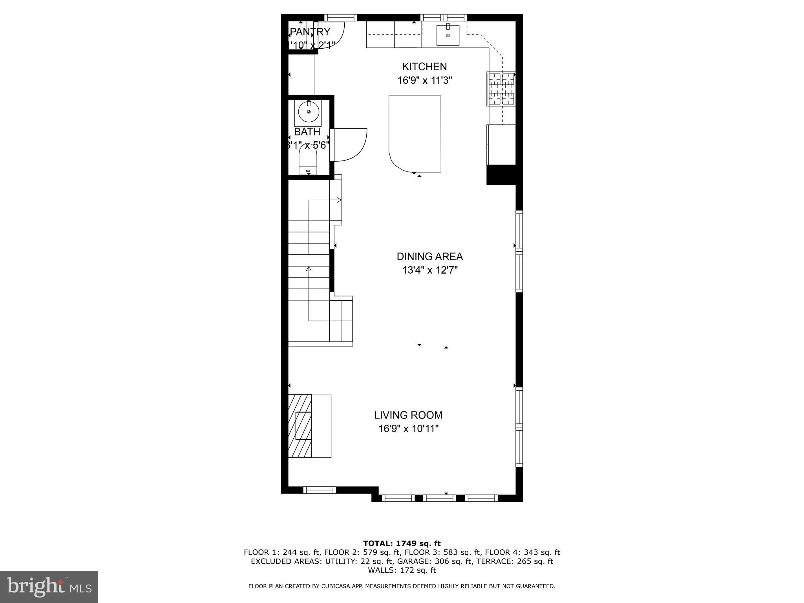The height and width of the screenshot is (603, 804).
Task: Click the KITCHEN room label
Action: (x=424, y=66)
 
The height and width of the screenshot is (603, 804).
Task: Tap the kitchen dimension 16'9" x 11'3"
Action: (x=425, y=80)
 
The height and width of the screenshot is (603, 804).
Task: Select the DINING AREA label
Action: (x=430, y=256)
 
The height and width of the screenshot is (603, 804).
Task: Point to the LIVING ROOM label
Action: (x=408, y=415)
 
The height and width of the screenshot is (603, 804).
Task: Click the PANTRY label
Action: (x=310, y=32)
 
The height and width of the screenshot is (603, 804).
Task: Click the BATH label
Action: (x=307, y=132)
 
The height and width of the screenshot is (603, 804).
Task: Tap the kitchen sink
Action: (x=448, y=35)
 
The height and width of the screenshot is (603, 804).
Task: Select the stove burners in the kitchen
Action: (x=501, y=89)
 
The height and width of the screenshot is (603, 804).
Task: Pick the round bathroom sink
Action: (x=309, y=112)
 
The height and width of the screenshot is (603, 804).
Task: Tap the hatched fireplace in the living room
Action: (x=300, y=426)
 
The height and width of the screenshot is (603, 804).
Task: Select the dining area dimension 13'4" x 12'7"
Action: (x=430, y=270)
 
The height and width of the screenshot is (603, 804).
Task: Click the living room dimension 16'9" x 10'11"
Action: (x=408, y=429)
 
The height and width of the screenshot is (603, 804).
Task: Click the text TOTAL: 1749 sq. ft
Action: (x=402, y=543)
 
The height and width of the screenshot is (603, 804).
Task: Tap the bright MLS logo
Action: (x=49, y=587)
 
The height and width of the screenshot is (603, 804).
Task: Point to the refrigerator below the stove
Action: (x=501, y=145)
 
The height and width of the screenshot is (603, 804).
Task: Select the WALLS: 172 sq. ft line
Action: (x=402, y=570)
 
